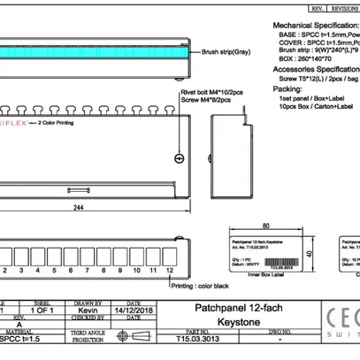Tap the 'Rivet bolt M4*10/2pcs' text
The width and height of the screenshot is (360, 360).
click(x=212, y=92)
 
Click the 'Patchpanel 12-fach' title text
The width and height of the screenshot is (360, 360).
click(x=223, y=307)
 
